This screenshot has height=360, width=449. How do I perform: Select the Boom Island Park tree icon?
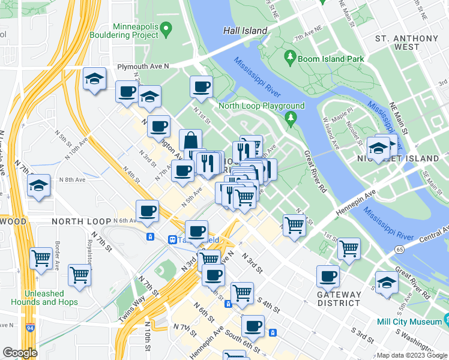tap(291, 58)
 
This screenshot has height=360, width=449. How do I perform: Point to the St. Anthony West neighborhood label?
tap(406, 43)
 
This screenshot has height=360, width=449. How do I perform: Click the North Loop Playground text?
tap(261, 106)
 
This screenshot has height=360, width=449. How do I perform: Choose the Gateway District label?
tap(339, 299)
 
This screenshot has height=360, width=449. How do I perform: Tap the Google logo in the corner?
tap(20, 353)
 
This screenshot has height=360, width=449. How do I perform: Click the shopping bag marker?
tap(190, 141)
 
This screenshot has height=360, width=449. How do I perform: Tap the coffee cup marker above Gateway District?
tap(328, 276)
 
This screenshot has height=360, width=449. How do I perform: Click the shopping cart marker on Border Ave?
tap(41, 258)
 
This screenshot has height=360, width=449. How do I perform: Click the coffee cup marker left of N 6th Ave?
tap(148, 211)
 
